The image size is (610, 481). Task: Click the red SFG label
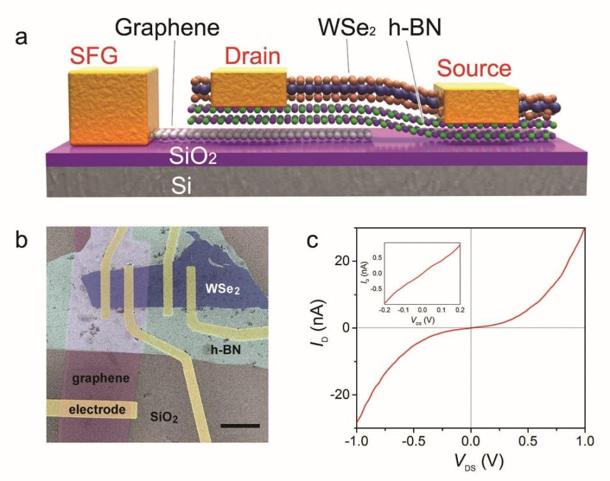pyautogui.click(x=94, y=56)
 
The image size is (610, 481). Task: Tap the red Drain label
pyautogui.click(x=253, y=56)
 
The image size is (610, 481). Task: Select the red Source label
pyautogui.click(x=474, y=69)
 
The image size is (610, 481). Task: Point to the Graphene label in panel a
pyautogui.click(x=168, y=28)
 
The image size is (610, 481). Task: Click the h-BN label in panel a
pyautogui.click(x=415, y=28)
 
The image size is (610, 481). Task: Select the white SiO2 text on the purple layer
pyautogui.click(x=192, y=157)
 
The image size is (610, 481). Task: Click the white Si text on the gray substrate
pyautogui.click(x=182, y=186)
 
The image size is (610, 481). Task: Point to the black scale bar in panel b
pyautogui.click(x=240, y=426)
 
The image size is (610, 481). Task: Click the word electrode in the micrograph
pyautogui.click(x=97, y=410)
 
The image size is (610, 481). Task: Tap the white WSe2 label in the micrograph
pyautogui.click(x=223, y=289)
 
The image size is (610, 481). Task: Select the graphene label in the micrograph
pyautogui.click(x=101, y=378)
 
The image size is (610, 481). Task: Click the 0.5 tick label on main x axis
pyautogui.click(x=528, y=441)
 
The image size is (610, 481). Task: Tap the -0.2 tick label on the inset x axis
pyautogui.click(x=385, y=310)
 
